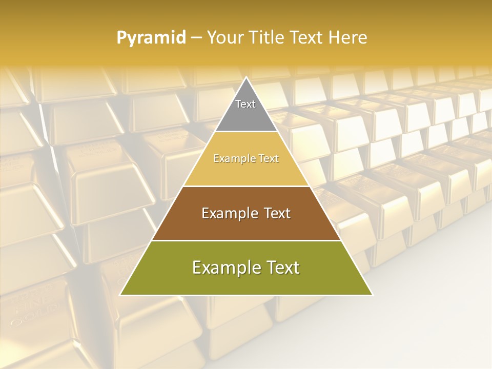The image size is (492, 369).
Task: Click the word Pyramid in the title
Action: pyautogui.click(x=151, y=38)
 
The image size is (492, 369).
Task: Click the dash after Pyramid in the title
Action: pyautogui.click(x=196, y=38)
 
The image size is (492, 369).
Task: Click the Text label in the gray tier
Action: pyautogui.click(x=245, y=104)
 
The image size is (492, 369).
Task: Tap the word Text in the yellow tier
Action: pyautogui.click(x=268, y=159)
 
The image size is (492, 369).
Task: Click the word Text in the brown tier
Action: pyautogui.click(x=274, y=213)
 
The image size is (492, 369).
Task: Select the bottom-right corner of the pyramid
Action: pyautogui.click(x=372, y=295)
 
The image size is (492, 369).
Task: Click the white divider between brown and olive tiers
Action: pyautogui.click(x=247, y=240)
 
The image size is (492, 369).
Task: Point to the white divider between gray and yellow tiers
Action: pyautogui.click(x=247, y=132)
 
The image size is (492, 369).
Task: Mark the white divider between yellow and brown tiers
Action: pyautogui.click(x=247, y=186)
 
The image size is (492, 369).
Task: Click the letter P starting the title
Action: pyautogui.click(x=121, y=38)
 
